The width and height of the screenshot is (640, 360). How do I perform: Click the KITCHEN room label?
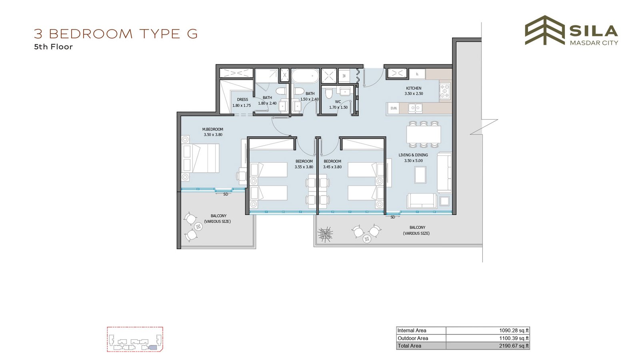[414, 88]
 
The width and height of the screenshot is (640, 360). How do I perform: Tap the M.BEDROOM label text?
[212, 130]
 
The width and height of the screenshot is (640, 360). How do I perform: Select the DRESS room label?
[242, 100]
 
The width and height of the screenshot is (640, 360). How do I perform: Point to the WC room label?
[338, 102]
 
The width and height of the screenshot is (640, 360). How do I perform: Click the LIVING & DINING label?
[413, 155]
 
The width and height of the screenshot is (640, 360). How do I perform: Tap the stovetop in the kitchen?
[444, 90]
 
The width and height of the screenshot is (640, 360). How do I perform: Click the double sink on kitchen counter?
[415, 108]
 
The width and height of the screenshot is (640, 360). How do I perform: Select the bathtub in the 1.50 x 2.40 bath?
[305, 76]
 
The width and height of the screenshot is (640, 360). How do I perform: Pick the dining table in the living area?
[424, 134]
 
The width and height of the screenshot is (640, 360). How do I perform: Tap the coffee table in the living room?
[420, 174]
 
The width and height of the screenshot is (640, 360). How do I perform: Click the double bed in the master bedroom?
[200, 158]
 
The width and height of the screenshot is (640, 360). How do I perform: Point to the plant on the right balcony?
[325, 234]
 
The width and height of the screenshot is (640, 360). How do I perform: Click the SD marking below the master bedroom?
[226, 194]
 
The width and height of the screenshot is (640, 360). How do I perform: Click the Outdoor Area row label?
[413, 338]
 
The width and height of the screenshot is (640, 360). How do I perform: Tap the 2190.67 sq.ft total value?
[514, 346]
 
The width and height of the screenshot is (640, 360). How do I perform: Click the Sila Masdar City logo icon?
[544, 30]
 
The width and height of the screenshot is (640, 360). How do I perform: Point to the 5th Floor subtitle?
[54, 47]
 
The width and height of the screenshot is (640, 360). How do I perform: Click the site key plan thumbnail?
[135, 339]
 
